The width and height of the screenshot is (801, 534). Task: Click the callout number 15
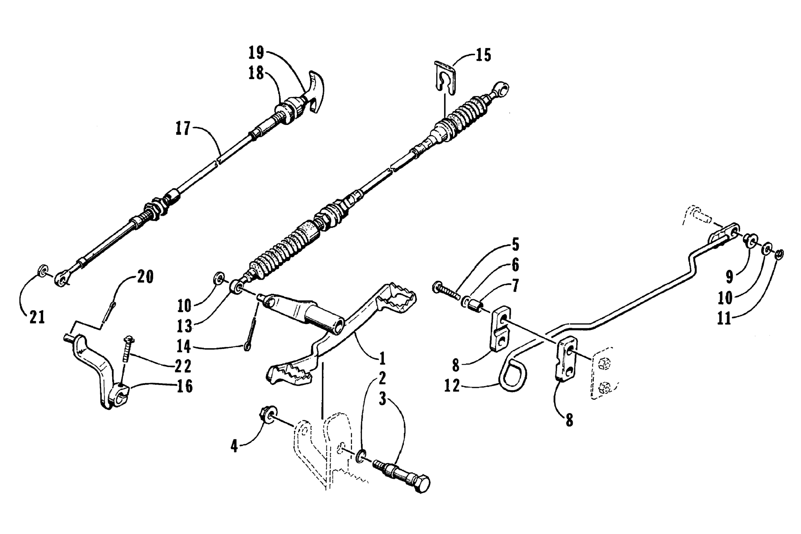click(x=483, y=55)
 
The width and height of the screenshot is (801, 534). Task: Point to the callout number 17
click(x=183, y=129)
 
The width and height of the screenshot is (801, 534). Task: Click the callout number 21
click(x=37, y=318)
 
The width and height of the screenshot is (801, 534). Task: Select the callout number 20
click(x=145, y=277)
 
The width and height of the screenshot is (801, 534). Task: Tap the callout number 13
click(x=185, y=326)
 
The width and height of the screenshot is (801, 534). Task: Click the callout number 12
click(x=452, y=386)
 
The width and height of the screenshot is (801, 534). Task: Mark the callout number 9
click(x=729, y=277)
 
